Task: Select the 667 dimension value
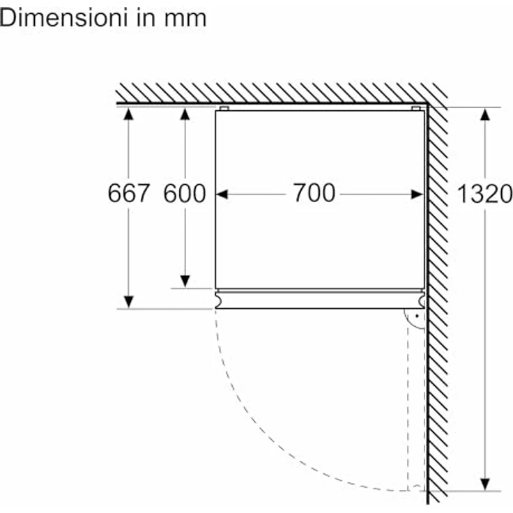129,193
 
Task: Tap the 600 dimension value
185,193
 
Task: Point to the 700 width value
313,193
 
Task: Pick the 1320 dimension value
484,194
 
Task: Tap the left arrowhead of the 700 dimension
223,194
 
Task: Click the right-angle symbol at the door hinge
415,319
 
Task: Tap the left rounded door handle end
220,299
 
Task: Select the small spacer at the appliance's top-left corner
224,109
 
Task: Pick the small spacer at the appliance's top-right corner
416,109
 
